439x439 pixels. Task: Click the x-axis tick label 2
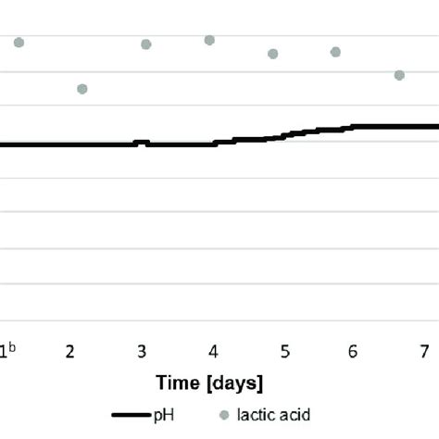[70, 351]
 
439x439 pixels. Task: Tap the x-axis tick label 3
[142, 351]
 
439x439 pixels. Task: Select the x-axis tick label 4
[213, 351]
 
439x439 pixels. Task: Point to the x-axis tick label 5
[285, 351]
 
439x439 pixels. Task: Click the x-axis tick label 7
[423, 351]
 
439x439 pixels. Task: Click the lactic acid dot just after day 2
[82, 89]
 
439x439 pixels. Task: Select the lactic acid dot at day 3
[145, 44]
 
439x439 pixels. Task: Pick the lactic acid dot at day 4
[209, 40]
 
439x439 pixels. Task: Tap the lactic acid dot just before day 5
[273, 54]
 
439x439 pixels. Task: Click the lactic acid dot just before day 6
[335, 52]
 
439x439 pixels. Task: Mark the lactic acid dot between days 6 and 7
[399, 75]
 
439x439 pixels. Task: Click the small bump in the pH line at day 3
[142, 143]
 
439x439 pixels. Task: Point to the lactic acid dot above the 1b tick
[19, 43]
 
